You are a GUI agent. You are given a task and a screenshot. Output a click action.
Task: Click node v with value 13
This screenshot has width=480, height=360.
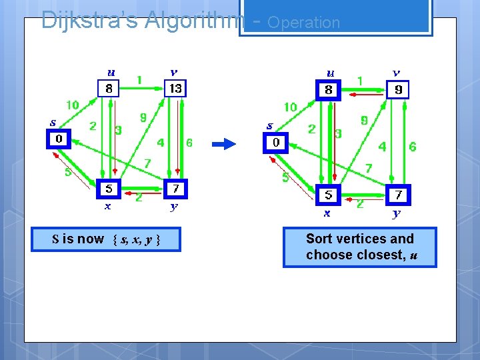pos(176,87)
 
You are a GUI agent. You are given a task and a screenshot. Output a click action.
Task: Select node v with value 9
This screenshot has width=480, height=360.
pos(397,89)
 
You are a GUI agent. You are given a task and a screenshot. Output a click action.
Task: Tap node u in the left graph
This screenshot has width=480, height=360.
pos(109,87)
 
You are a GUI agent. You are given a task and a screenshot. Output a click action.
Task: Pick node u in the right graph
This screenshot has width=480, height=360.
pos(329,89)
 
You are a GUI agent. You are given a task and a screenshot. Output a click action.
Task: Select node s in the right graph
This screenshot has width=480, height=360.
pos(276,142)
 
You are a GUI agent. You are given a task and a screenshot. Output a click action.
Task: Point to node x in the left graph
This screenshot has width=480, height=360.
pos(109,189)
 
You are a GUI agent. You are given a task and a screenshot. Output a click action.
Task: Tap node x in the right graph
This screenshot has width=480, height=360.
pos(328,195)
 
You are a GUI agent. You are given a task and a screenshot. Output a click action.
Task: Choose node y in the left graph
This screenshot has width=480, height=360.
pos(175,189)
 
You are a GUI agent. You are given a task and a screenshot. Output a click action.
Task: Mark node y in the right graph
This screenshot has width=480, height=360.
pos(398,195)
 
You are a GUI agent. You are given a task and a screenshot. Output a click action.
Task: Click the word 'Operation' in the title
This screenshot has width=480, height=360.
pos(303,22)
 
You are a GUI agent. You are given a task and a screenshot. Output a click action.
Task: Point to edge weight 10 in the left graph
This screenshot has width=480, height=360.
pos(72,105)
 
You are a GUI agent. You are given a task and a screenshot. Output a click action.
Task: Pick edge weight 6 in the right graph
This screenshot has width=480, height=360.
pos(412,147)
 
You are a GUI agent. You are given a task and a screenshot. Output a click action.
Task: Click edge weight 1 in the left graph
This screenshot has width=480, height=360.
pos(139,80)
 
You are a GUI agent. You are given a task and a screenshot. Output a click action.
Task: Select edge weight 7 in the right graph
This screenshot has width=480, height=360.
pos(368,169)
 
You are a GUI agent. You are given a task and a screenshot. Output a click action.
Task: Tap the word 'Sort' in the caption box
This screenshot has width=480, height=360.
pos(319,239)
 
